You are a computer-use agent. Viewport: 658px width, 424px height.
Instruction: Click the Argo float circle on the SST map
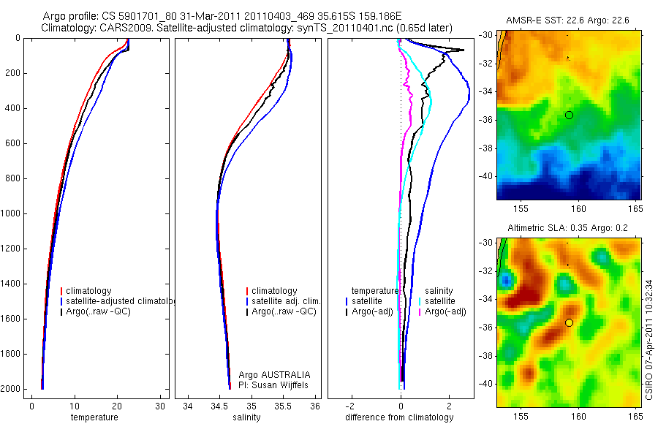[569, 115]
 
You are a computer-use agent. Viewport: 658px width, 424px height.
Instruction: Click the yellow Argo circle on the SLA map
[569, 322]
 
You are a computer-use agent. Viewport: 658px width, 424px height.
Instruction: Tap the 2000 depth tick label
[11, 389]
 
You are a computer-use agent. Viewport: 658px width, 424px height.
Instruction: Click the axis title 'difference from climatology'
[399, 417]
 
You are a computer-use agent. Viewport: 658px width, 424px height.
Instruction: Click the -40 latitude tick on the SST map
[486, 176]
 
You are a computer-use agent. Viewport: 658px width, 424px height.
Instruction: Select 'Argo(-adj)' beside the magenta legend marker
[446, 312]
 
